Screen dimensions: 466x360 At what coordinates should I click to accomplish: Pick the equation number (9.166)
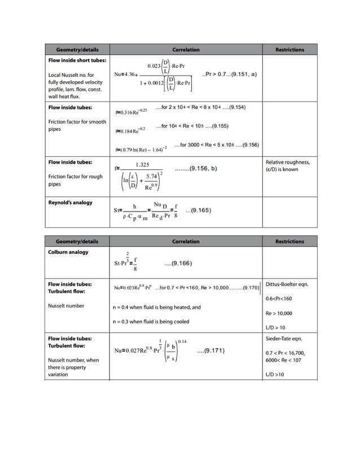coord(178,263)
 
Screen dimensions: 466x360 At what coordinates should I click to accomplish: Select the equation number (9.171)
coord(211,351)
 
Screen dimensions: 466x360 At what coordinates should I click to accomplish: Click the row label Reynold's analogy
coord(70,202)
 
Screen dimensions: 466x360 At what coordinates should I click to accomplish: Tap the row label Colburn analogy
coord(68,252)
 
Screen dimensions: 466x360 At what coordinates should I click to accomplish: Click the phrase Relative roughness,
coord(287,162)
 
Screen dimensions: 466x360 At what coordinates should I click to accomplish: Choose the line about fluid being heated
coord(156,307)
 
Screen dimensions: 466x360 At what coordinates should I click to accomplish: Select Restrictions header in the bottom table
coord(289,241)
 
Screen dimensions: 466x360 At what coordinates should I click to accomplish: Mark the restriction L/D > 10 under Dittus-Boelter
coord(275,327)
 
